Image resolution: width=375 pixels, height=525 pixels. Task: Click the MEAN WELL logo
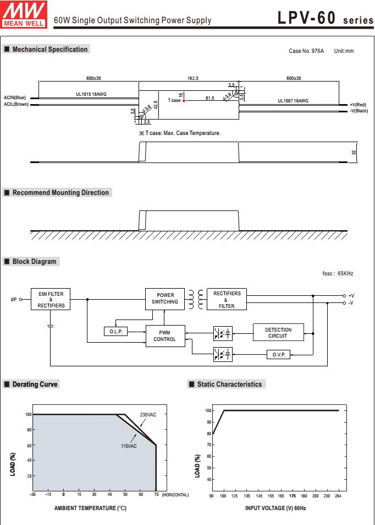[x=24, y=14]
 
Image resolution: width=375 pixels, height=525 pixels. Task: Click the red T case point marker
[x=184, y=100]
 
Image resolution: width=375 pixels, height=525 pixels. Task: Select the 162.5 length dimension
[x=193, y=78]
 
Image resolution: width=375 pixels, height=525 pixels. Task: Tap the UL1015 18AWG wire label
[x=91, y=94]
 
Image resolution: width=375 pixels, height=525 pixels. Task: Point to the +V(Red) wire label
[x=358, y=105]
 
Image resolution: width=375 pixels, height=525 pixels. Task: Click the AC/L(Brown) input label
[x=16, y=104]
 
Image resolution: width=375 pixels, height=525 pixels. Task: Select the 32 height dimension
[x=354, y=153]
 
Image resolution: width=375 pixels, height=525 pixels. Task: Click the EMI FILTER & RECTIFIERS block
[x=51, y=299]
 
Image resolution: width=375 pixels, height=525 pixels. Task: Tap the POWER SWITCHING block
[x=165, y=299]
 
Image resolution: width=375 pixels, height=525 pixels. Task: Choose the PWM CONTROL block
[x=165, y=336]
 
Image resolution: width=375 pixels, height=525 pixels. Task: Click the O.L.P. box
[x=115, y=332]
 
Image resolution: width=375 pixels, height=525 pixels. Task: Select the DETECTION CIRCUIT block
[x=278, y=333]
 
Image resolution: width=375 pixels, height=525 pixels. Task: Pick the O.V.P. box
[x=278, y=354]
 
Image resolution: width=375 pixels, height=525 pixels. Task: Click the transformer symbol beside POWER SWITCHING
[x=196, y=299]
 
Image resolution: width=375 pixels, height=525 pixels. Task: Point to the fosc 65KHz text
[x=338, y=273]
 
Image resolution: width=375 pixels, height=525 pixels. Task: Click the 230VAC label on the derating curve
[x=148, y=414]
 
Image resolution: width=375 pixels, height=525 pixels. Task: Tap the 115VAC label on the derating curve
[x=129, y=446]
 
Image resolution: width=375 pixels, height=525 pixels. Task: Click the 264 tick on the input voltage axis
[x=338, y=496]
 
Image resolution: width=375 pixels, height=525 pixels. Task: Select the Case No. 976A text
[x=306, y=51]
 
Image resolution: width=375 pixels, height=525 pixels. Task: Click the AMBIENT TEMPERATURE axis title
[x=90, y=508]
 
